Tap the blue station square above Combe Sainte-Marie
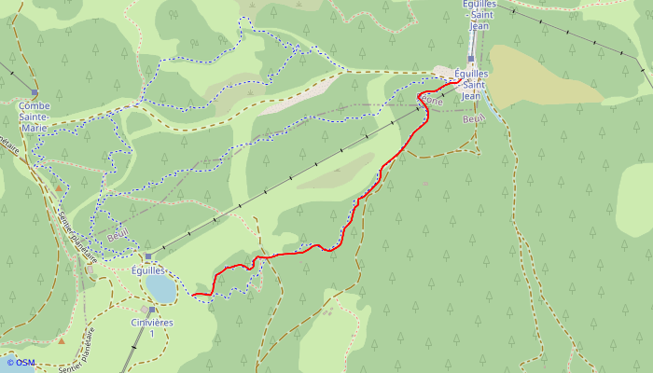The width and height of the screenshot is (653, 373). (35, 92)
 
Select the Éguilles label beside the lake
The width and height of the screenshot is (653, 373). (147, 269)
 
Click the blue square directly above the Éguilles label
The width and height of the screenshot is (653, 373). (147, 256)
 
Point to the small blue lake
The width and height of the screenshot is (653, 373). (160, 288)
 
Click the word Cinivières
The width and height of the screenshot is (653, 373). (151, 323)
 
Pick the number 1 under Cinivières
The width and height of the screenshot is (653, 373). (151, 334)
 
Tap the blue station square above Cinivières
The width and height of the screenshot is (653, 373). (151, 310)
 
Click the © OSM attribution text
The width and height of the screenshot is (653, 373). (21, 363)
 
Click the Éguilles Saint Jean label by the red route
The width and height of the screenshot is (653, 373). (470, 84)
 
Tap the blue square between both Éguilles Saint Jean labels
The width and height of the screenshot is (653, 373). (471, 58)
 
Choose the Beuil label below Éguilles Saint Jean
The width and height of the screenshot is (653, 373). (473, 118)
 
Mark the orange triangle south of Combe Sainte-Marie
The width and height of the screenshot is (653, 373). (58, 188)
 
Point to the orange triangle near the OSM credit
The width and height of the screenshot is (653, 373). (62, 340)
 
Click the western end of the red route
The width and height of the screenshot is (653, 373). (193, 295)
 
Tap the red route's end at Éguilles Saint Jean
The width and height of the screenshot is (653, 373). (460, 82)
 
